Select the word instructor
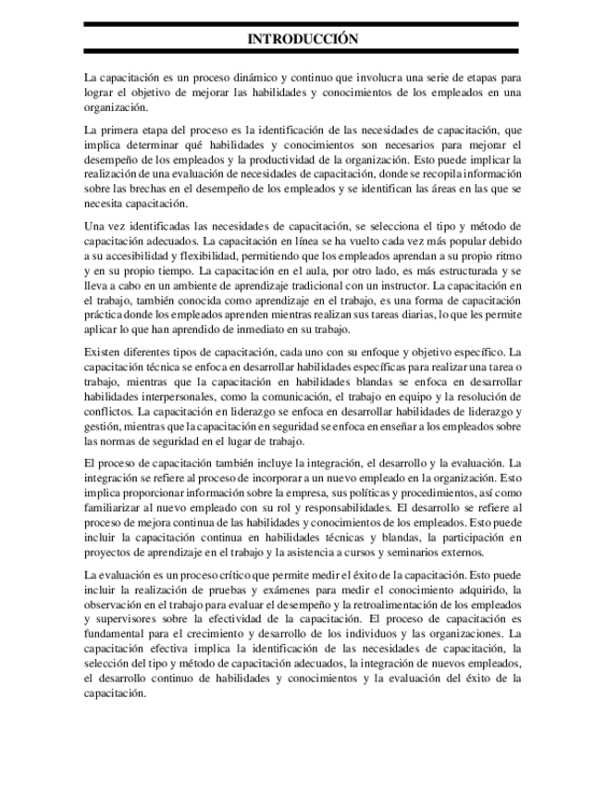click(402, 286)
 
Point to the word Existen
click(103, 352)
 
